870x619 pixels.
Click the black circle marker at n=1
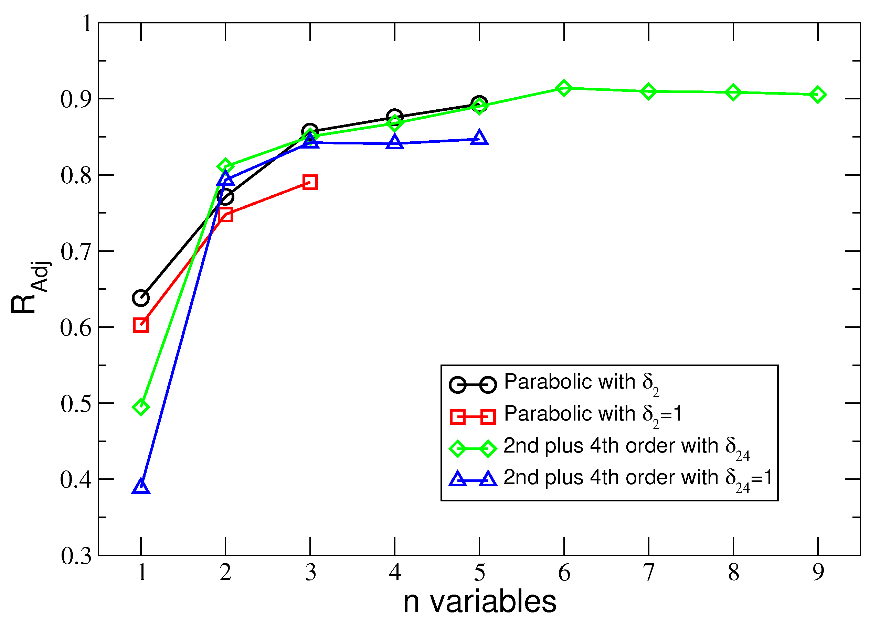[141, 298]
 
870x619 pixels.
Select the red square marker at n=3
[310, 182]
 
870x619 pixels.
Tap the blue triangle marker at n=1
[141, 487]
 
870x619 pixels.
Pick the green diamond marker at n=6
[564, 88]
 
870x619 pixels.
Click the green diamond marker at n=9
[817, 95]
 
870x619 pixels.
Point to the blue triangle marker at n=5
[479, 138]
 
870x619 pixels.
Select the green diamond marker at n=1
[141, 407]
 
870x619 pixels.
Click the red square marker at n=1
[141, 325]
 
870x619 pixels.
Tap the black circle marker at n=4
[394, 117]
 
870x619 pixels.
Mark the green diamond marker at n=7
[648, 91]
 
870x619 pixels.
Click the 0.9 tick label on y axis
[76, 99]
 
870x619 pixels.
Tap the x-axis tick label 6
[564, 573]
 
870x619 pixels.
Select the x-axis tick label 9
[818, 573]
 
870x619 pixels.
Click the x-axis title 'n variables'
[479, 602]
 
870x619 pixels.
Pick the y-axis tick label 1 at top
[87, 24]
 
